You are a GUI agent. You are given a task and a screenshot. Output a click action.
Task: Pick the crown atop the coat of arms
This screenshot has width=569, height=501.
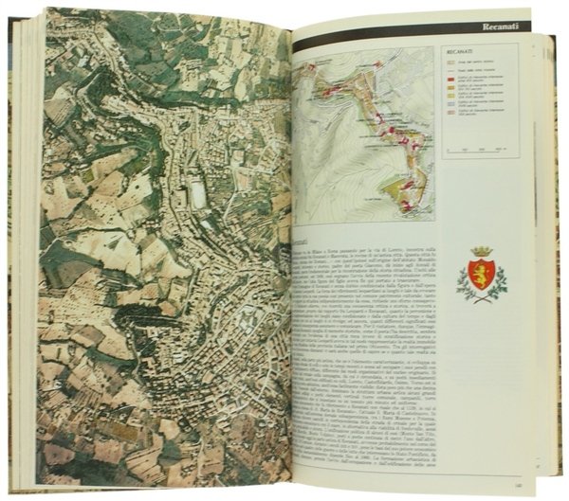[x=481, y=252]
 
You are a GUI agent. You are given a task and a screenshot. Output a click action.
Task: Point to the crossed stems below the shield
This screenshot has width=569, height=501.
[x=481, y=296]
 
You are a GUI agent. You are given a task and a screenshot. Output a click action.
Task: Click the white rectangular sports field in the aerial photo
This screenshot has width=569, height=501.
[x=197, y=193]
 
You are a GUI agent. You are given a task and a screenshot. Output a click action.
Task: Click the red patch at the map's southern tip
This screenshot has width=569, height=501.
[x=407, y=205]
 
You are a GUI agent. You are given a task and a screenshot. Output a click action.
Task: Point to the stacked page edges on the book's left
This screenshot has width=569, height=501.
[x=27, y=256]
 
